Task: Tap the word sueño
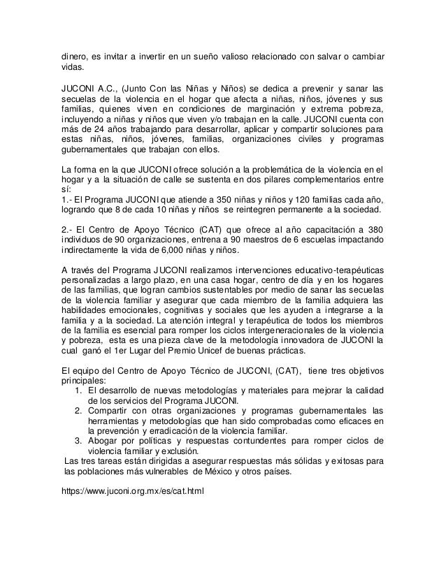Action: click(x=224, y=55)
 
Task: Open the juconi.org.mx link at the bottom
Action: click(x=134, y=490)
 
